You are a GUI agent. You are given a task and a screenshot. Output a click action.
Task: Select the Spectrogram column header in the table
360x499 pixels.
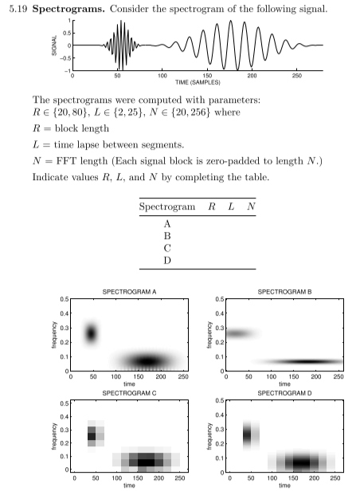pyautogui.click(x=167, y=206)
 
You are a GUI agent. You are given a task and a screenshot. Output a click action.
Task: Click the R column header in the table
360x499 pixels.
pyautogui.click(x=211, y=206)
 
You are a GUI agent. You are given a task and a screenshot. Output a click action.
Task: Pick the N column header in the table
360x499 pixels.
pyautogui.click(x=251, y=206)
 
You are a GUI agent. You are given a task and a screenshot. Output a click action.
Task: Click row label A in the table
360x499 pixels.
pyautogui.click(x=167, y=224)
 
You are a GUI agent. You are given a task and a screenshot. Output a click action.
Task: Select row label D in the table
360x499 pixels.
pyautogui.click(x=167, y=260)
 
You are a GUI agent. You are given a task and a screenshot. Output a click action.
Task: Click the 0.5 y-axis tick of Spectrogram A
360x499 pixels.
pyautogui.click(x=63, y=299)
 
